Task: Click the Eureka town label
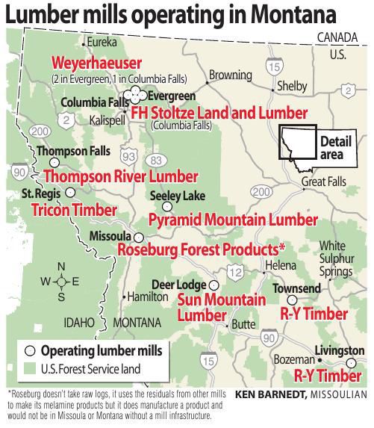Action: [x=104, y=43]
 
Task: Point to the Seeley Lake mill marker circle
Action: [x=168, y=206]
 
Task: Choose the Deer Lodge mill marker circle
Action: [x=214, y=285]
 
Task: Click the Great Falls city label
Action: [x=324, y=182]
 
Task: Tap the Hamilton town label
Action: [x=147, y=297]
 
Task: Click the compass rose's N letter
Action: [x=62, y=267]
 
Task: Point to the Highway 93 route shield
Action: [x=130, y=155]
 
